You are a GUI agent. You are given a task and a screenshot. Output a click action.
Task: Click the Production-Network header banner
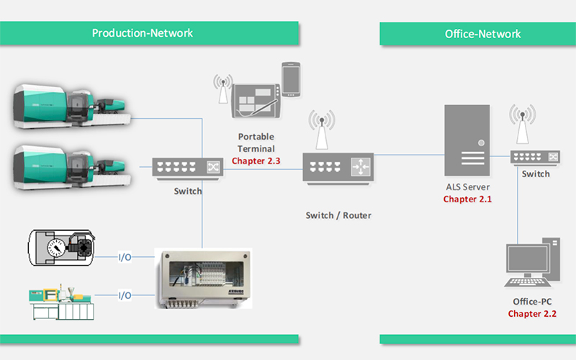[143, 33]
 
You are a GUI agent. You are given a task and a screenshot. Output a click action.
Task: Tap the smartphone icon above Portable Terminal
[290, 76]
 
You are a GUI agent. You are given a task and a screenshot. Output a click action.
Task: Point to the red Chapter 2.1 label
[467, 199]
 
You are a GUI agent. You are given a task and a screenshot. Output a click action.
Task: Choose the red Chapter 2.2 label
[532, 313]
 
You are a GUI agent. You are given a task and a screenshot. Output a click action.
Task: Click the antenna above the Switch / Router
[321, 130]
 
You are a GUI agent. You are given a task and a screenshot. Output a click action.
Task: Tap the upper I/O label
[125, 256]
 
